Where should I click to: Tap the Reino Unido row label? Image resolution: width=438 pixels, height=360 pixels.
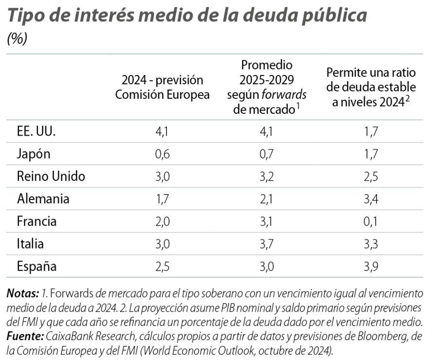(x=51, y=177)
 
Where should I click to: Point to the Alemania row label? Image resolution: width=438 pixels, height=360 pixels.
(x=43, y=199)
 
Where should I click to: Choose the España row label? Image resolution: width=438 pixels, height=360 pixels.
(x=36, y=267)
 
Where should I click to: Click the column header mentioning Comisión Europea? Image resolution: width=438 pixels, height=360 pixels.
(x=162, y=87)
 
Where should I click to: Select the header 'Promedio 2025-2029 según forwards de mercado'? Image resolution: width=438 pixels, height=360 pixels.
(x=267, y=87)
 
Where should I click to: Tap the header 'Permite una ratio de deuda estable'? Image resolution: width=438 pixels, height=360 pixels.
(x=371, y=87)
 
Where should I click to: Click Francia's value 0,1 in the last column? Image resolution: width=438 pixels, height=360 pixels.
(x=371, y=221)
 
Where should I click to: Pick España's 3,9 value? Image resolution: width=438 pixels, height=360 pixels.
(x=371, y=267)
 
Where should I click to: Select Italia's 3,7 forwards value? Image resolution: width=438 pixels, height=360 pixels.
(x=267, y=244)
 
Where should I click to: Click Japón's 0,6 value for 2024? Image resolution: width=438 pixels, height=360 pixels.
(x=162, y=154)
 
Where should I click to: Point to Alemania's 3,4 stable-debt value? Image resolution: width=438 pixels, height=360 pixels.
(x=371, y=199)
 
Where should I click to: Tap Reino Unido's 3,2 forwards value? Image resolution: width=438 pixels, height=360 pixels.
(x=267, y=177)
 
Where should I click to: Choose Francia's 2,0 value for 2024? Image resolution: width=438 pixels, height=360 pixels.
(x=162, y=221)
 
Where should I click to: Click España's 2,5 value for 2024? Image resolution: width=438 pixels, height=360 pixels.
(x=162, y=267)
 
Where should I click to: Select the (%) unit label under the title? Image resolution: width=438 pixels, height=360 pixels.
(x=17, y=39)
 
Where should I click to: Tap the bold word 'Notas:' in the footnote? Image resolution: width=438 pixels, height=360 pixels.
(x=22, y=294)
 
